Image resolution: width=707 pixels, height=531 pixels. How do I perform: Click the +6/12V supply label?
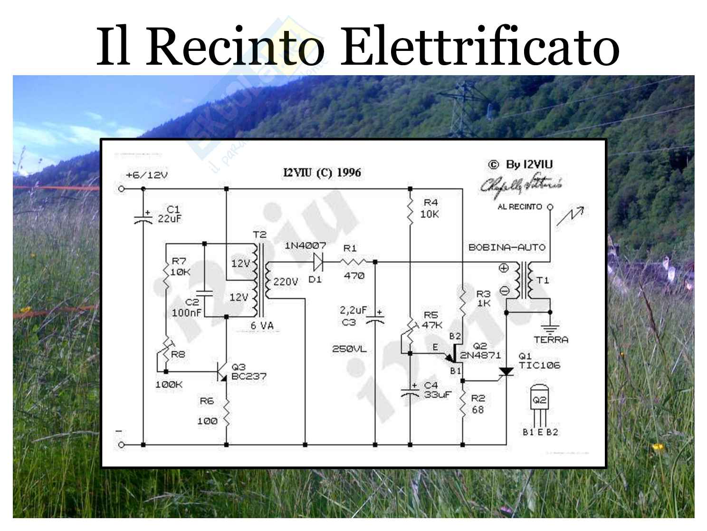147,175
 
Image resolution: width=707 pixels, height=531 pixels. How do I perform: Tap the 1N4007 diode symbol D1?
318,262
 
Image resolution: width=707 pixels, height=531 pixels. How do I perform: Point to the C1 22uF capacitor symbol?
143,218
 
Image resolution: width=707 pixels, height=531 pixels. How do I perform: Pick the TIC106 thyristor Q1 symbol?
506,372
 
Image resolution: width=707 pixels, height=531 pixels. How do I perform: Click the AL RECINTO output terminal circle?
550,207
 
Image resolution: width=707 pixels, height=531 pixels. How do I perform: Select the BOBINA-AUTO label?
506,247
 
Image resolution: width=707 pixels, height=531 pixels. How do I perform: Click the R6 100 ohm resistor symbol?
226,412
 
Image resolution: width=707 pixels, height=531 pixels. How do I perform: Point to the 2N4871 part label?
480,355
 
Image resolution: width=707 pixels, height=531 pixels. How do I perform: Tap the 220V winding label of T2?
285,282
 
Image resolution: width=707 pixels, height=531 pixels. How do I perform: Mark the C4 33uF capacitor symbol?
410,392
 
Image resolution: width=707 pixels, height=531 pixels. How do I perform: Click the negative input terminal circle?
122,445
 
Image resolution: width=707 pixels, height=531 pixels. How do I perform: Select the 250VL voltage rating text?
349,349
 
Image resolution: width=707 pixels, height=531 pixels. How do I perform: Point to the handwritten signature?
521,185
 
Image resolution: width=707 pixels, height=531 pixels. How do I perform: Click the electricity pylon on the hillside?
460,109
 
